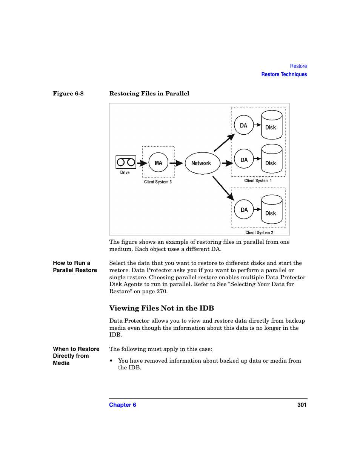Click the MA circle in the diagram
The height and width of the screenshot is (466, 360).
[158, 163]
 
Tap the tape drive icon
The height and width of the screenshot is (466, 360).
[126, 162]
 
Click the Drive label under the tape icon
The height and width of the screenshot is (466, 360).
[125, 172]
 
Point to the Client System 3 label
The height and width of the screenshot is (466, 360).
[158, 182]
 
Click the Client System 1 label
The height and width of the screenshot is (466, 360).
[258, 181]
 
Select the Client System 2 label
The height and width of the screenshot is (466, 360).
[259, 232]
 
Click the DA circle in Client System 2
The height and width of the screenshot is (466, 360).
[244, 209]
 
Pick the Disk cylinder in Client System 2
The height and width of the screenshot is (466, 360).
[272, 209]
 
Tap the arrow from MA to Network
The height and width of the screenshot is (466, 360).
[176, 163]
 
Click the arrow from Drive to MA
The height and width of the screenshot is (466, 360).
[142, 163]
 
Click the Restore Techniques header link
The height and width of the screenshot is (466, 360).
[284, 74]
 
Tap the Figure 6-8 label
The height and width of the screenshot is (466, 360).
[68, 94]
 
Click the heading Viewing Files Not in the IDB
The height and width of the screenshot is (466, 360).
[162, 308]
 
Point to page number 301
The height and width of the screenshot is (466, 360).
[302, 405]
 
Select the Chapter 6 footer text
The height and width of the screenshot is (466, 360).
[123, 405]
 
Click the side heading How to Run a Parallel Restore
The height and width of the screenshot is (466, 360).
[75, 266]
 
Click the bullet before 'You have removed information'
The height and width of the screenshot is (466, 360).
[111, 361]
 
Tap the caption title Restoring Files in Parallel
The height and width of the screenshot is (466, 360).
[149, 94]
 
